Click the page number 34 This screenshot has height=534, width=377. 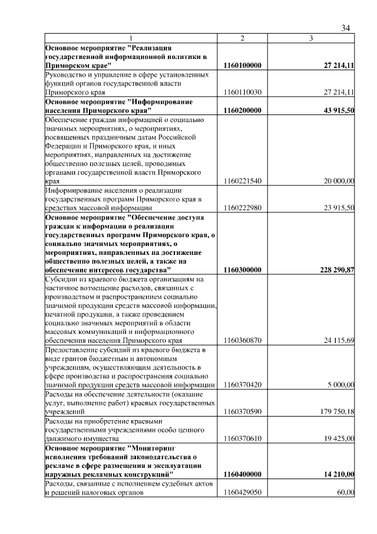pyautogui.click(x=346, y=28)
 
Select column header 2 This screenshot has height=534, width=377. pyautogui.click(x=242, y=38)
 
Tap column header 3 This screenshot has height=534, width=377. pyautogui.click(x=311, y=38)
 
